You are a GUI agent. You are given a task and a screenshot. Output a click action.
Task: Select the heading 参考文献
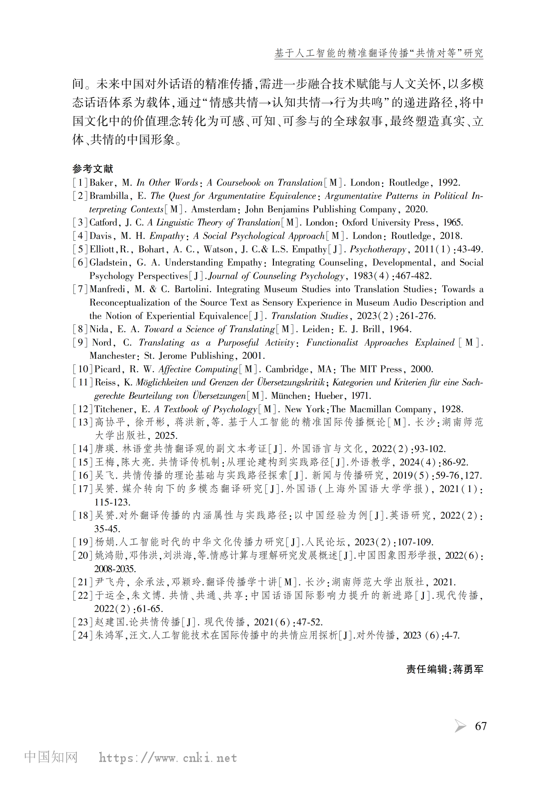(92, 169)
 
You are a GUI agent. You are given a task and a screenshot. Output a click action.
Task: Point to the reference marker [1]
(80, 182)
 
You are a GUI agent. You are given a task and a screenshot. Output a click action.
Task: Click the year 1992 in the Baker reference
(449, 182)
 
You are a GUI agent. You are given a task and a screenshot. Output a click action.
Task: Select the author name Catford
(103, 223)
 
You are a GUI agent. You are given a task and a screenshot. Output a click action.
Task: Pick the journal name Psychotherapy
(378, 249)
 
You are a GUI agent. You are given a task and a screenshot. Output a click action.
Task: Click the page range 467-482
(413, 276)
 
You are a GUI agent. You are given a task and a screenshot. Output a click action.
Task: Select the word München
(289, 396)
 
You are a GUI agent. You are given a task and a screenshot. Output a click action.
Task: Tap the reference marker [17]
(83, 489)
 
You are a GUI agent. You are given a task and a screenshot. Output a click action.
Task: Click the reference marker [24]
(83, 635)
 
